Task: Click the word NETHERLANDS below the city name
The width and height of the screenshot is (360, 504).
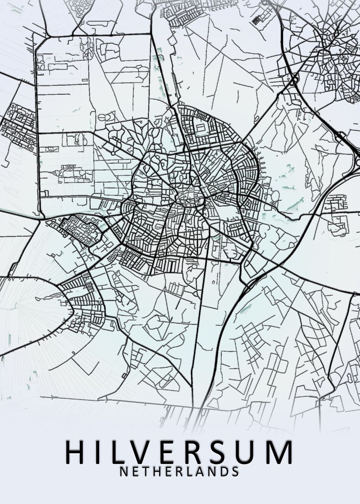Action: [179, 471]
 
